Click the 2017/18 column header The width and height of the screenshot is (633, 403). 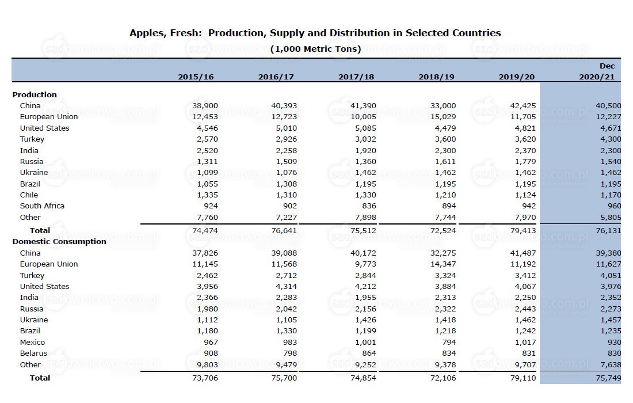pos(356,77)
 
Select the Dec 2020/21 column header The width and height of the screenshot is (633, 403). pos(597,71)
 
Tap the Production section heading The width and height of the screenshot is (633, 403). pos(35,94)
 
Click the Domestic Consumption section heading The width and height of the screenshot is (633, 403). pos(59,241)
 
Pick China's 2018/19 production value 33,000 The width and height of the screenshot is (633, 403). pos(443,106)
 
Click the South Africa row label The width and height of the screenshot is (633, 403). pos(42,206)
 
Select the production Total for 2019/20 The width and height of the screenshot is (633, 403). pos(523,231)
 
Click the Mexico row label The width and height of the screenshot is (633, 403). pos(32,342)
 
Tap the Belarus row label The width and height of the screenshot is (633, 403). pos(33,353)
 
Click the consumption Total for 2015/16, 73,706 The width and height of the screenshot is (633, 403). pos(205,378)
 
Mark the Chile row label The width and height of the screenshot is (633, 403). pos(29,195)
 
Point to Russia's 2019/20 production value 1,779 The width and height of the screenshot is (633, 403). pos(525,162)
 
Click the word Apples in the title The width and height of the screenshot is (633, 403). pos(147,33)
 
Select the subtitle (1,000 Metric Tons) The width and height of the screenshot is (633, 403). pos(315,49)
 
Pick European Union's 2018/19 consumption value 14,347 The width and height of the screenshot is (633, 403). pos(443,264)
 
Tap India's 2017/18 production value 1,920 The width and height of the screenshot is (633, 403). pos(365,151)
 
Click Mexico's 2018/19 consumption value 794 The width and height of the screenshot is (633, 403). pos(449,342)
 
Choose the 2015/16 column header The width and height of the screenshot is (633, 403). pos(196,77)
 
